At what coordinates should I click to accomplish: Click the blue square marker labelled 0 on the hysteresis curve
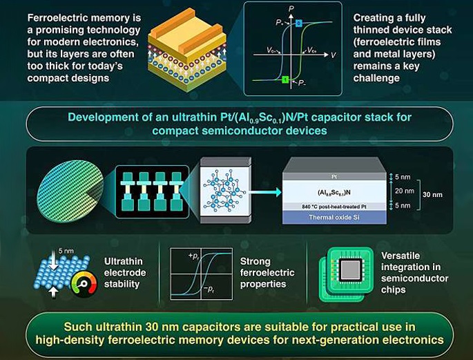pyautogui.click(x=298, y=23)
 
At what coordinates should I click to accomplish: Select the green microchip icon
pyautogui.click(x=345, y=274)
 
